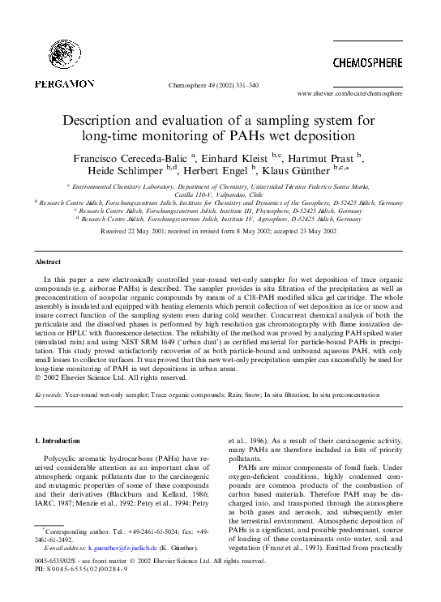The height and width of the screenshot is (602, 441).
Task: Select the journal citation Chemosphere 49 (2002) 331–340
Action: pos(213,84)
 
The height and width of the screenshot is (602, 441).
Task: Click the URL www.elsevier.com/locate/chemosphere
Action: pos(350,94)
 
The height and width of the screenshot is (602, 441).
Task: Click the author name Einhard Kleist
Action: pos(234,158)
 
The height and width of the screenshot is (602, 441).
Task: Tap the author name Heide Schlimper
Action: pos(126,171)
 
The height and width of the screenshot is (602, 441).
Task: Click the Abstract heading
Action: pos(46,263)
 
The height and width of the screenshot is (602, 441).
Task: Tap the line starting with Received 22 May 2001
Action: pos(219,231)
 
